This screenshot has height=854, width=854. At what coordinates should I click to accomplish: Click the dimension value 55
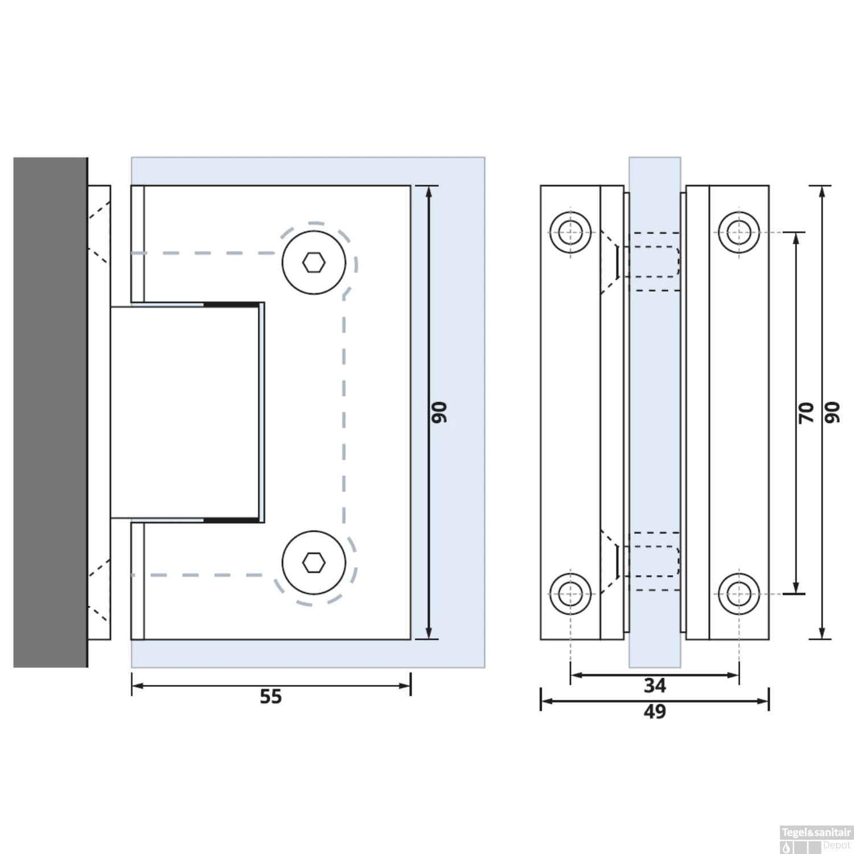click(270, 696)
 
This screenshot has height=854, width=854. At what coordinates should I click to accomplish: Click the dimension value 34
click(654, 685)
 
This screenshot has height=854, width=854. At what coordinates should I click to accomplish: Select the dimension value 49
click(654, 711)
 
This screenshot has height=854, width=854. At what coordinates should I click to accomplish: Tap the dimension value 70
click(806, 412)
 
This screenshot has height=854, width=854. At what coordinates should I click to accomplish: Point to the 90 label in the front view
click(439, 412)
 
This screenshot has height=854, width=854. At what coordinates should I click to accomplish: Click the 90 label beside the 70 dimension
click(832, 412)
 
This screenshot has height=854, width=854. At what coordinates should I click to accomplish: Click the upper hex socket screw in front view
click(314, 262)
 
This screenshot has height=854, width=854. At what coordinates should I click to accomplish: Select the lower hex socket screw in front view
click(314, 563)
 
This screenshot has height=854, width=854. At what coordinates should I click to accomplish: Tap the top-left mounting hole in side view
click(570, 232)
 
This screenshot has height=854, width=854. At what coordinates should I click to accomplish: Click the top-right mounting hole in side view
click(739, 232)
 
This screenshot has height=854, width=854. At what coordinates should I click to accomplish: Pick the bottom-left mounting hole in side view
click(570, 594)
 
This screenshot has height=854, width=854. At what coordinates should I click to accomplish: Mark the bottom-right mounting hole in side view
click(739, 594)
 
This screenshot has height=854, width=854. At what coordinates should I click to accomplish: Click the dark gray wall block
click(50, 412)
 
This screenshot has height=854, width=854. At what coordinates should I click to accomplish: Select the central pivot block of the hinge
click(185, 412)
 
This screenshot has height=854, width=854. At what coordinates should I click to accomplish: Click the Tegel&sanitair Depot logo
click(816, 839)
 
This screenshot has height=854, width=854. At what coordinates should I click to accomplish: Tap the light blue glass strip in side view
click(655, 412)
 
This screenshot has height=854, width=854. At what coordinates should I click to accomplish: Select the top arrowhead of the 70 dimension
click(796, 237)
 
